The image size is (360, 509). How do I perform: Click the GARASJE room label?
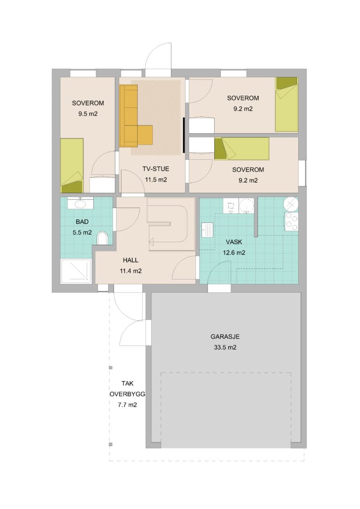[x=225, y=337]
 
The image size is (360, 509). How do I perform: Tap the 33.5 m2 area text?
[x=225, y=347]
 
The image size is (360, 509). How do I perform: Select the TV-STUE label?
[x=156, y=169]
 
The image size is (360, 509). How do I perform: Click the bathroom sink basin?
[x=80, y=204]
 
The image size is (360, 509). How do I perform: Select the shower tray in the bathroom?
[x=76, y=271]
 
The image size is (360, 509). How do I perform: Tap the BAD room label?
[x=82, y=222]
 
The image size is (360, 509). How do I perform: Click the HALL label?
[x=130, y=260]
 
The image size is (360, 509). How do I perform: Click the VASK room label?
[x=234, y=242]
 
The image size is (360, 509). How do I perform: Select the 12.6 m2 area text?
[x=234, y=253]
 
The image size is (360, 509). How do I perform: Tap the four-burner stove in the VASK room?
[x=291, y=222]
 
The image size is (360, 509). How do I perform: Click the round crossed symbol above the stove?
[x=291, y=204]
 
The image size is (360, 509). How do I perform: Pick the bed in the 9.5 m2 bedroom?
[x=72, y=165]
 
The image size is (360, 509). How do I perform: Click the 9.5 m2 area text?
[x=88, y=114]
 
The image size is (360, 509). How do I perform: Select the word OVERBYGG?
[x=127, y=394]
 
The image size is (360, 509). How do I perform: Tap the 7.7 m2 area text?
[x=127, y=405]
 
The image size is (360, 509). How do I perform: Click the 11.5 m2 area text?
[x=156, y=180]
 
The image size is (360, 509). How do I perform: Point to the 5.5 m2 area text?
[x=82, y=232]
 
